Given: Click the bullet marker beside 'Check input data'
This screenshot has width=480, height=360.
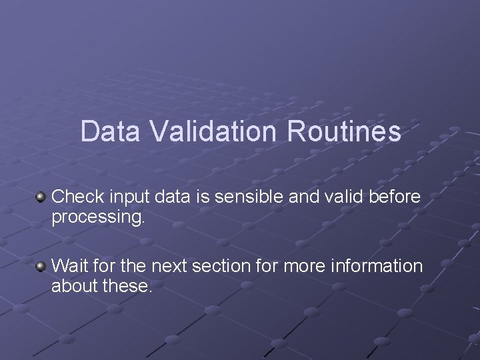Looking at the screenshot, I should point(41,197).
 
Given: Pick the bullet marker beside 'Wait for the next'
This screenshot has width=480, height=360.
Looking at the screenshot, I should point(41,267).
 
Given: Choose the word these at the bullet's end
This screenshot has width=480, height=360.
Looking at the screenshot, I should point(126,287).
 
